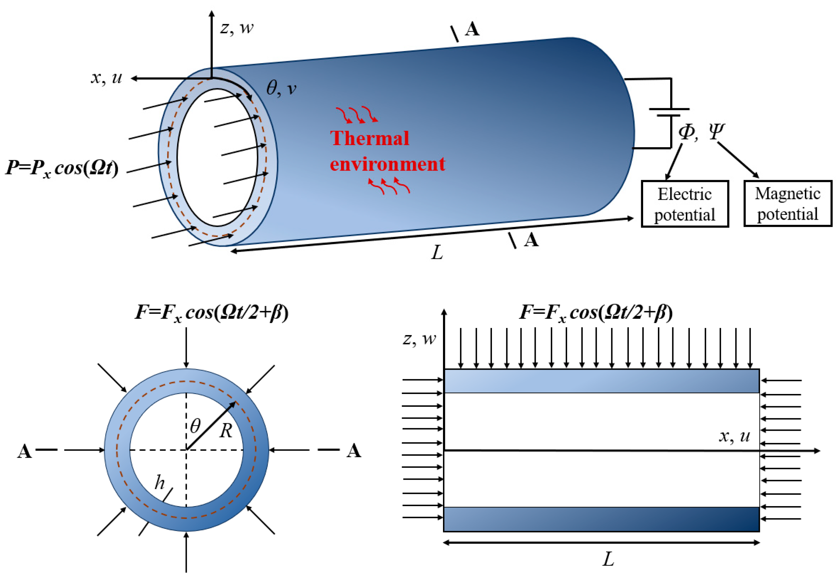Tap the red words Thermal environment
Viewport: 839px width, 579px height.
click(387, 151)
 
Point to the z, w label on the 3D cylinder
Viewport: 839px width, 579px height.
click(237, 28)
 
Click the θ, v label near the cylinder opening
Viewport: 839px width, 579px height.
click(281, 88)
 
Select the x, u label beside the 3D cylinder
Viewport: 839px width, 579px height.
click(106, 78)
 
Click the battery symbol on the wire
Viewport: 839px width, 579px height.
click(668, 112)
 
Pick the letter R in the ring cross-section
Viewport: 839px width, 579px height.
click(225, 431)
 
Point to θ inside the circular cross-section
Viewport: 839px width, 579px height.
click(195, 426)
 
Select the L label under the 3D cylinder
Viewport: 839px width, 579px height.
click(437, 252)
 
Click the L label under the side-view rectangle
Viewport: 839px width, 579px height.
click(608, 559)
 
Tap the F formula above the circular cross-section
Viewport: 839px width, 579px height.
click(212, 312)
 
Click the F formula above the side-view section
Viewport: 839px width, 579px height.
click(596, 312)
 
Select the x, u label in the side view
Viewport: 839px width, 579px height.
click(734, 436)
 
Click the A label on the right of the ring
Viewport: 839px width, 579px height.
click(354, 451)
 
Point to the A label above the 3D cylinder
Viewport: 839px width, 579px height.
click(472, 29)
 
